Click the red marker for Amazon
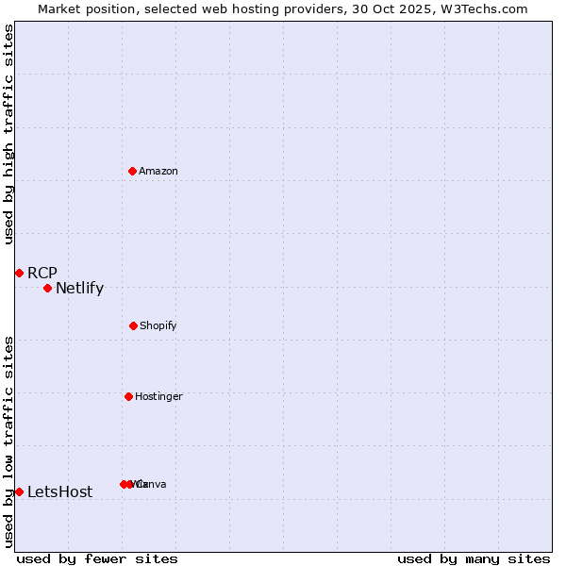[133, 171]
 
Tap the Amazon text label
[158, 171]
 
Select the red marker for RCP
[19, 273]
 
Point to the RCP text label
[42, 273]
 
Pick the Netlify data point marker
[47, 288]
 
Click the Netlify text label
[80, 288]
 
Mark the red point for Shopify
[133, 325]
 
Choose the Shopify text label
[158, 325]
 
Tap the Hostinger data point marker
[128, 396]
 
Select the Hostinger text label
[158, 396]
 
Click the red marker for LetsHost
[19, 491]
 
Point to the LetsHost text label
[60, 491]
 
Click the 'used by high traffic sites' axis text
[8, 134]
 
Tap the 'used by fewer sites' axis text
[97, 558]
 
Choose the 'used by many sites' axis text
[474, 558]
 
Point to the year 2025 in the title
[424, 9]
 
